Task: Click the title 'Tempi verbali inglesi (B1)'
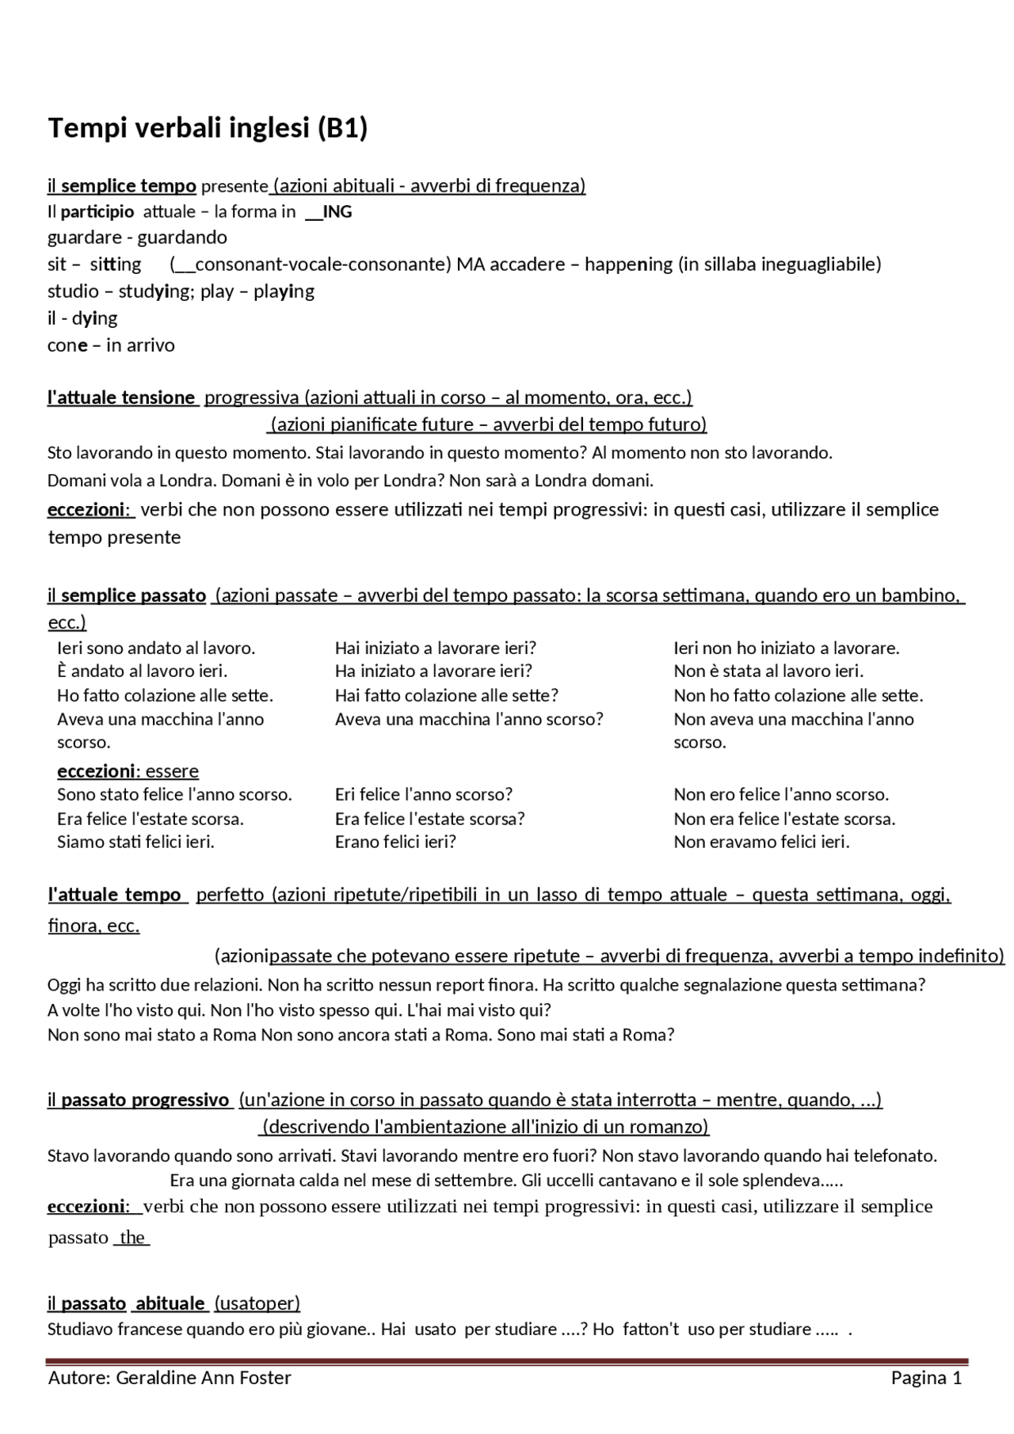(208, 127)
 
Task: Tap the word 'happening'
(628, 264)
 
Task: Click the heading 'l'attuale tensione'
(121, 397)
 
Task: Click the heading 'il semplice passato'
(127, 595)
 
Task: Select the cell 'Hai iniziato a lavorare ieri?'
(436, 648)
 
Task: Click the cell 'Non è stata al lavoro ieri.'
(768, 671)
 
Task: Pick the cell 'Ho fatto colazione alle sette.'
(165, 696)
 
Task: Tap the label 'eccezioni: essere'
(128, 771)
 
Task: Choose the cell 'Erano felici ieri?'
(395, 842)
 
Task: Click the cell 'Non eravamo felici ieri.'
(761, 842)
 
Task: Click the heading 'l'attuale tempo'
(115, 895)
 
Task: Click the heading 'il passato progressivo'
(138, 1100)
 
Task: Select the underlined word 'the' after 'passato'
(132, 1238)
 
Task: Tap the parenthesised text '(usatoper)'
(257, 1303)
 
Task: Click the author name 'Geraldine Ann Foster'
(204, 1379)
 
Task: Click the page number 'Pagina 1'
(926, 1379)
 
